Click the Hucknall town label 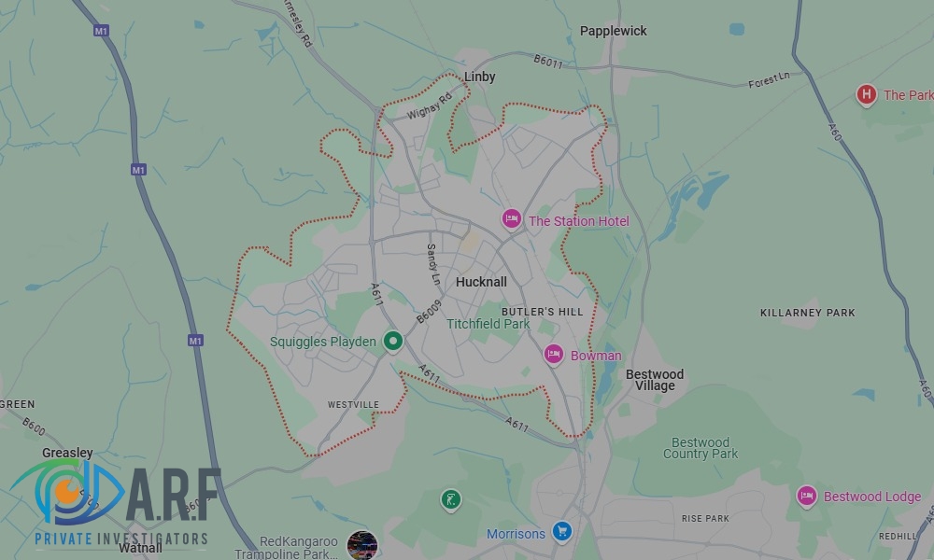(481, 282)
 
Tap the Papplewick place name (613, 31)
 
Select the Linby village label (480, 77)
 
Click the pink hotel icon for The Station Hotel (511, 220)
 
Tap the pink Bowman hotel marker (554, 355)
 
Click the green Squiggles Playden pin (393, 342)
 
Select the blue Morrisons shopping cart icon (561, 532)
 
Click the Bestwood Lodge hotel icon (807, 496)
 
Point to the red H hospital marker (866, 94)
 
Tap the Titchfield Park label (488, 324)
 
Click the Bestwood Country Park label (700, 448)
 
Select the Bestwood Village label (654, 380)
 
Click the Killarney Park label (807, 313)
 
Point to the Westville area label (354, 404)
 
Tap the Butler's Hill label (542, 311)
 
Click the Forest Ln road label (769, 81)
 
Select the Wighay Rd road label (430, 105)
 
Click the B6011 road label (548, 62)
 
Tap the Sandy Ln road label (432, 264)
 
